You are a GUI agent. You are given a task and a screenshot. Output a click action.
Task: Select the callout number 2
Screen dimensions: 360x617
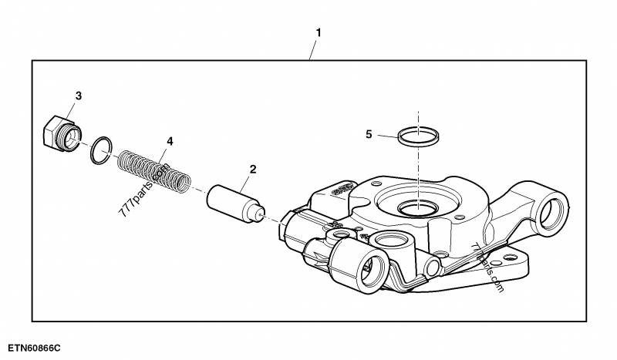252,169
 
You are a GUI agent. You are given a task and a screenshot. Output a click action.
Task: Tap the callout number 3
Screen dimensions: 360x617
78,96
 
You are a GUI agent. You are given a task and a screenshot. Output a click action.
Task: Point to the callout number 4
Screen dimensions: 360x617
170,141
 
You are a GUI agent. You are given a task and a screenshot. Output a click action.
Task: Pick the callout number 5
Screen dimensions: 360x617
369,134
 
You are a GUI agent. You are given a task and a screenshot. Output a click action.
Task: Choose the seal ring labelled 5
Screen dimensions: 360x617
419,136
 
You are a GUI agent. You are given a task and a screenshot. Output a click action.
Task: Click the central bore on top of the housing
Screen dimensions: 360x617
418,207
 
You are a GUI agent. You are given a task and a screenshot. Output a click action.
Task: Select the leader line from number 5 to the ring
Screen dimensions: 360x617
386,136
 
